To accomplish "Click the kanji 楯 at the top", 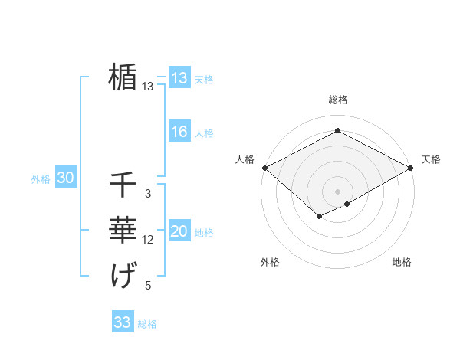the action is (123, 77).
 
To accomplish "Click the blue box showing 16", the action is (179, 132).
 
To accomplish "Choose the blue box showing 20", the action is (179, 231).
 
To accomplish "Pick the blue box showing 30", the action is (65, 178).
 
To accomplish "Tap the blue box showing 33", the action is (122, 322).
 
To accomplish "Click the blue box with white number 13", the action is (179, 78).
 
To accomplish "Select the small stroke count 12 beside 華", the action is (148, 241).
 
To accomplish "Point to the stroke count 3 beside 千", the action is (148, 195).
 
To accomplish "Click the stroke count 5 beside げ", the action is (148, 286).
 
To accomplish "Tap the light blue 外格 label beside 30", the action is (41, 180).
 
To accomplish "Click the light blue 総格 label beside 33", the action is (147, 323).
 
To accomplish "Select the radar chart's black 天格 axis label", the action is (431, 159).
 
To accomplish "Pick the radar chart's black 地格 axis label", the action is (402, 262).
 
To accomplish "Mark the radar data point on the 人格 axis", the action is (264, 168).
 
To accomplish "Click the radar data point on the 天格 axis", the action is (411, 168).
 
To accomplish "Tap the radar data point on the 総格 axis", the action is (337, 131).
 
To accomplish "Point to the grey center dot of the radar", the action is (337, 191).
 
